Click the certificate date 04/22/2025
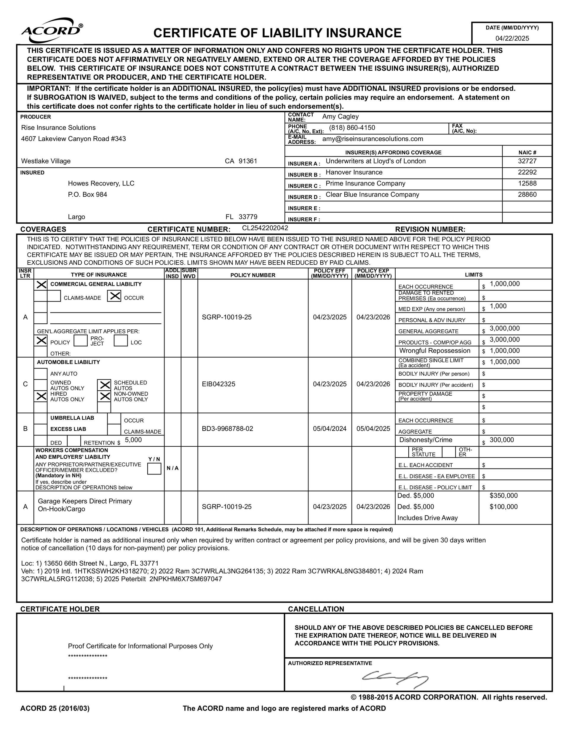(512, 39)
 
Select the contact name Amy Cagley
(340, 117)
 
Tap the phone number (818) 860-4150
(352, 128)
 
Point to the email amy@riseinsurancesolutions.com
(372, 139)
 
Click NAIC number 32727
(527, 161)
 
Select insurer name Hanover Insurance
(354, 172)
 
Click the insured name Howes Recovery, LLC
(101, 183)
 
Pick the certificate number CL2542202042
(265, 228)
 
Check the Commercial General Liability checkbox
(41, 284)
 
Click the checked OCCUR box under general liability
(114, 296)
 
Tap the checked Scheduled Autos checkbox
(104, 385)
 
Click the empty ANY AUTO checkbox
(41, 373)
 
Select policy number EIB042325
(218, 384)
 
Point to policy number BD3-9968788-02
(227, 429)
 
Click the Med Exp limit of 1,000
(498, 306)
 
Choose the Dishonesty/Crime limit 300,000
(501, 440)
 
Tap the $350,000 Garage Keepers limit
(503, 496)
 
